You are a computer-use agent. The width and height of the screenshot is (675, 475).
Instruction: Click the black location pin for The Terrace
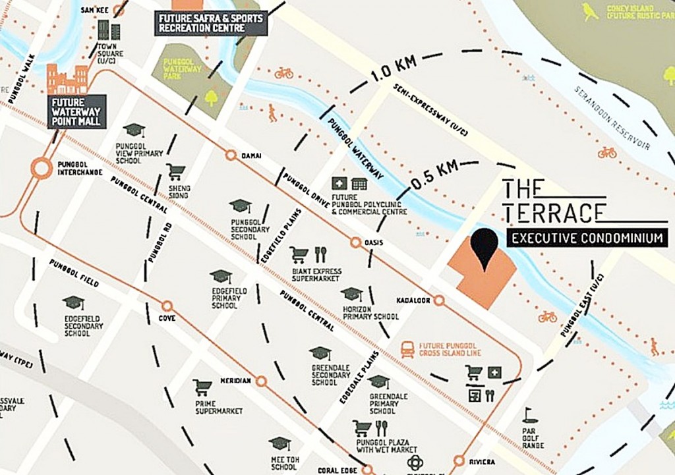click(486, 248)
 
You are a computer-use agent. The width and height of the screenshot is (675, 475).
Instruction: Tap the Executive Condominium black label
click(587, 238)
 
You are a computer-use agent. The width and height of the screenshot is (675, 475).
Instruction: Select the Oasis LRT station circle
click(356, 242)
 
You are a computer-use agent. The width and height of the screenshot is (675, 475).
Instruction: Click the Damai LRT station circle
click(231, 155)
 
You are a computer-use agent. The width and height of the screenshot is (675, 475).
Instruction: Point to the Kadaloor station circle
click(439, 300)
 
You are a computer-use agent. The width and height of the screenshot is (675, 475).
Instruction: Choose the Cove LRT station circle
click(167, 306)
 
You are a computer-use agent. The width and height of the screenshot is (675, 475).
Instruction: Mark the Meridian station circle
click(261, 381)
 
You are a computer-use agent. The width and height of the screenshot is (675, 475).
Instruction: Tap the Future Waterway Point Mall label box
click(76, 111)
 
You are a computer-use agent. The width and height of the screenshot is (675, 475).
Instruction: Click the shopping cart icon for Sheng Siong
click(175, 172)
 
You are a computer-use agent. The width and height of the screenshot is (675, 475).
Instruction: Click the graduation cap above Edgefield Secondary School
click(73, 303)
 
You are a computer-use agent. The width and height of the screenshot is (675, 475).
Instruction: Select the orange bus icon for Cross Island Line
click(407, 349)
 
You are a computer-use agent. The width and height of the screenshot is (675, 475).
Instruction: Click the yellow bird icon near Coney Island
click(590, 11)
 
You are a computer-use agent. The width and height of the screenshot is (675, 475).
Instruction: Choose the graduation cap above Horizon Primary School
click(351, 294)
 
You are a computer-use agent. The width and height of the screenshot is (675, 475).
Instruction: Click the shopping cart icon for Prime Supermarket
click(202, 387)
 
